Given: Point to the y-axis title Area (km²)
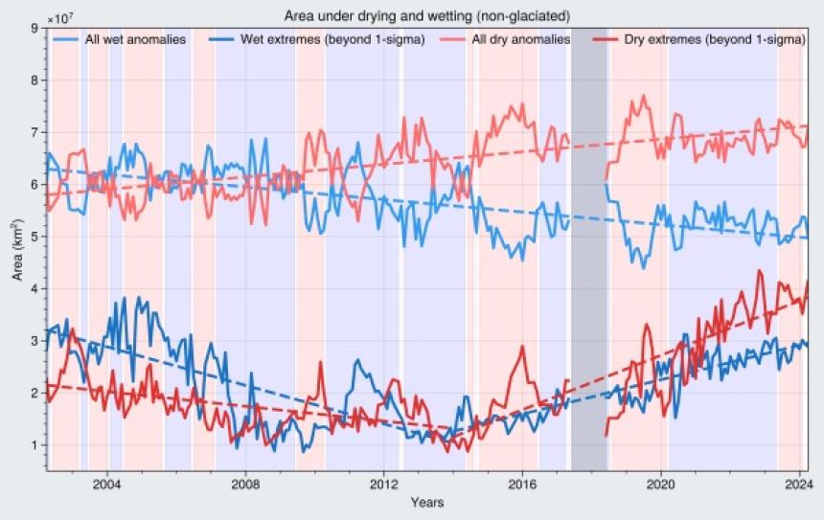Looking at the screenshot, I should tap(16, 249).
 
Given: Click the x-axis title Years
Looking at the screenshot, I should tap(426, 503).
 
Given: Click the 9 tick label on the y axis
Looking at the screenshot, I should tap(34, 29).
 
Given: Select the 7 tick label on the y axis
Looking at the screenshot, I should tap(34, 133).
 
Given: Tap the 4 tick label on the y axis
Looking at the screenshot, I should tap(34, 289).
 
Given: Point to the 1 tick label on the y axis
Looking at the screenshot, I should tap(34, 445).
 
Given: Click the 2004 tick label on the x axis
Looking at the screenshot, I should tap(107, 485).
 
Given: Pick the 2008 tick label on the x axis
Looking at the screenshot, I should tap(246, 485).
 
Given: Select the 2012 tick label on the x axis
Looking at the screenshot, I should tap(385, 485).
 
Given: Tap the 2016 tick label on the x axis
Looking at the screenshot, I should tap(523, 485).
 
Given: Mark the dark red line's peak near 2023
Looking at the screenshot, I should tap(760, 271).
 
